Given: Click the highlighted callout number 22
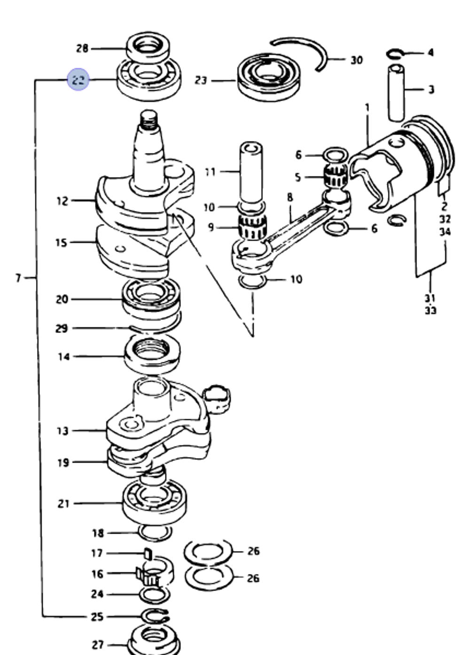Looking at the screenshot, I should click(78, 79).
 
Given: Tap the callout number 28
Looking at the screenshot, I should click(82, 48).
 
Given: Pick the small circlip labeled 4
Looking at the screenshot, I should click(395, 54).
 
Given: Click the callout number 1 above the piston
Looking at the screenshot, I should click(367, 108).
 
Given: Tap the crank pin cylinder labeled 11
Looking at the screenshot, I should click(251, 172).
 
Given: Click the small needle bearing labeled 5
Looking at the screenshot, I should click(336, 177).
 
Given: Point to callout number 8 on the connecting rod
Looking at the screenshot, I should click(290, 197).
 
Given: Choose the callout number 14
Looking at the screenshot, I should click(63, 357).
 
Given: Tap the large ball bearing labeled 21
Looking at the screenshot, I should click(155, 503).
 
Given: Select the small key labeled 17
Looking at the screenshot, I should click(148, 553).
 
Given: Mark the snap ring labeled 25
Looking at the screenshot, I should click(156, 616).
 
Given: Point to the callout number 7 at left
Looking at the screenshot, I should click(18, 278).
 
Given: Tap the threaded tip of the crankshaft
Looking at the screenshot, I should click(149, 120).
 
